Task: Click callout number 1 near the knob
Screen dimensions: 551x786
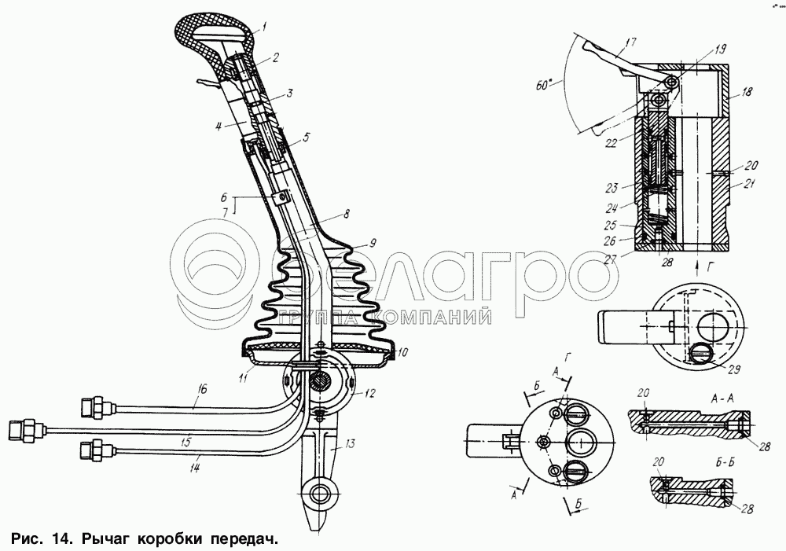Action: [264, 25]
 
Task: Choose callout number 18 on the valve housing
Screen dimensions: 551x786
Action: [747, 92]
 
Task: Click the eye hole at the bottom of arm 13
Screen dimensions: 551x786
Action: [320, 494]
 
